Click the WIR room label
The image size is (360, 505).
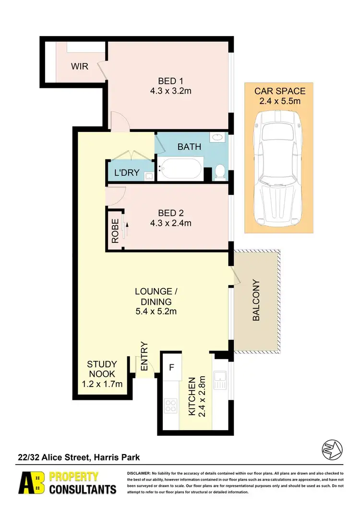click(x=80, y=66)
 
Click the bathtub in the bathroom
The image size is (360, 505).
click(x=180, y=168)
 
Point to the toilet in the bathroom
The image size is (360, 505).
click(x=220, y=171)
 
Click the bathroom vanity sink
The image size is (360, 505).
click(x=217, y=137)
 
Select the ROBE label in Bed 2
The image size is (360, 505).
click(x=115, y=230)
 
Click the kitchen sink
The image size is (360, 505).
click(x=220, y=381)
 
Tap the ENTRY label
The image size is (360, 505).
click(x=144, y=356)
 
